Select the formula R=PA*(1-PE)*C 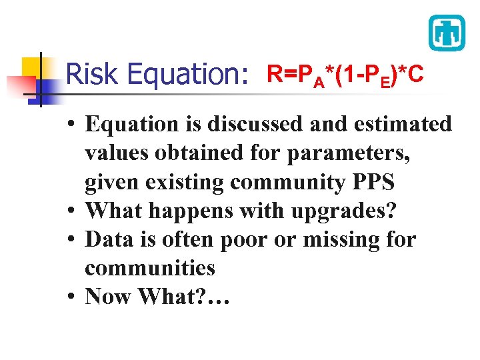(x=345, y=75)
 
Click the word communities (x=150, y=268)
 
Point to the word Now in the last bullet (x=109, y=296)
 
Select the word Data (x=109, y=239)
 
